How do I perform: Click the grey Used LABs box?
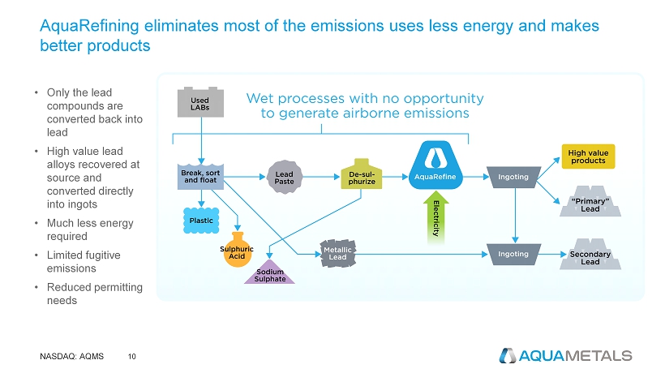(x=200, y=102)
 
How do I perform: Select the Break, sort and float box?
(x=200, y=176)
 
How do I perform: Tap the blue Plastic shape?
(x=201, y=221)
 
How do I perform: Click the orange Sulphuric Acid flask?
(x=237, y=250)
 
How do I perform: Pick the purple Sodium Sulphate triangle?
(x=270, y=272)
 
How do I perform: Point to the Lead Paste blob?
(x=284, y=177)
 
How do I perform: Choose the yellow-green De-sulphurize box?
(x=362, y=174)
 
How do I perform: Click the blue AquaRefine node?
(x=435, y=165)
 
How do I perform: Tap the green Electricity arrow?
(x=436, y=217)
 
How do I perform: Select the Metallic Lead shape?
(x=337, y=254)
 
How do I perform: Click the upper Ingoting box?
(x=513, y=177)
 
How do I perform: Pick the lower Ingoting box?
(x=513, y=255)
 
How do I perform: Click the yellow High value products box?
(x=588, y=156)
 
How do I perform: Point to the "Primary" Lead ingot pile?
(x=590, y=202)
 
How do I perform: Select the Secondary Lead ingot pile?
(x=590, y=255)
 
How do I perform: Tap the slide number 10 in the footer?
(x=132, y=357)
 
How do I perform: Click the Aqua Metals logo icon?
(x=508, y=356)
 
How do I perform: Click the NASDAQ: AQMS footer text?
(x=71, y=357)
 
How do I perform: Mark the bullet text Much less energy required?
(x=90, y=229)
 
